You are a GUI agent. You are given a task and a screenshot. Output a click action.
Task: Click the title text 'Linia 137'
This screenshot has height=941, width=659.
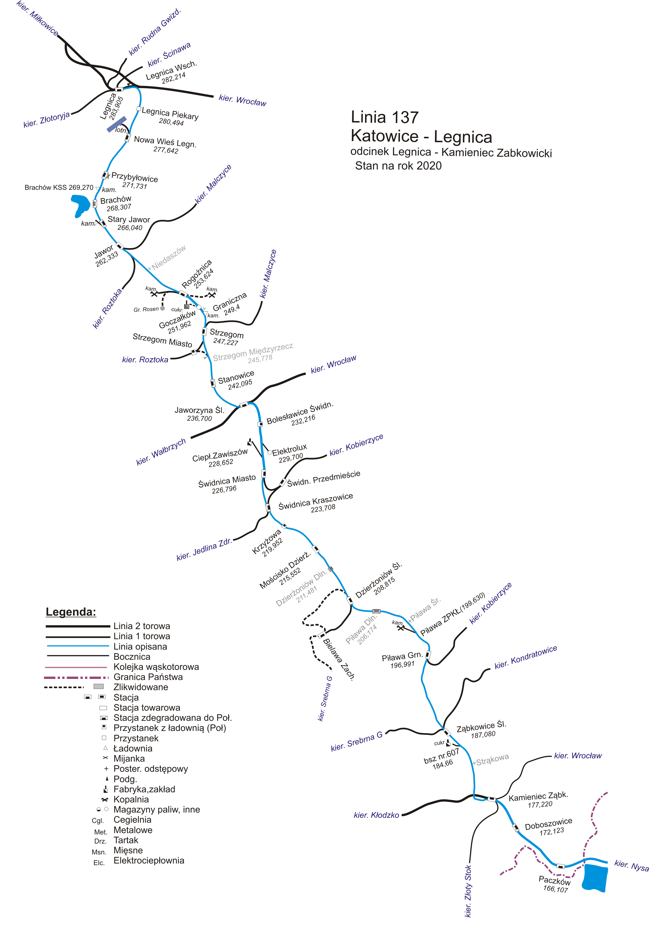[x=385, y=118]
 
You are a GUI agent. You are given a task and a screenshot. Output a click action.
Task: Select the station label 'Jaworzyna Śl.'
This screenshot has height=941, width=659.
[x=200, y=410]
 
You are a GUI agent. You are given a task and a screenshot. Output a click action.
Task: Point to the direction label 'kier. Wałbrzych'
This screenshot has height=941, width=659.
[x=161, y=452]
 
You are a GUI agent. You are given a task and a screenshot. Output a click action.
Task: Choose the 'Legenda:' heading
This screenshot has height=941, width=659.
[x=71, y=612]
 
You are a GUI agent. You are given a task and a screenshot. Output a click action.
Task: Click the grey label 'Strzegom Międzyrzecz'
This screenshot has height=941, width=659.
[x=253, y=352]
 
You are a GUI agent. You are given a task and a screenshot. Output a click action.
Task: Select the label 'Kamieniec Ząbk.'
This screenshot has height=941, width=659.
[x=538, y=796]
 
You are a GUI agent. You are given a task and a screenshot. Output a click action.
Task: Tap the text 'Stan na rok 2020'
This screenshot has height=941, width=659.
[x=398, y=166]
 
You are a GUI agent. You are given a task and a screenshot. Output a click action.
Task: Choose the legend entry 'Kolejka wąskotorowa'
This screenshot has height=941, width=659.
[x=156, y=667]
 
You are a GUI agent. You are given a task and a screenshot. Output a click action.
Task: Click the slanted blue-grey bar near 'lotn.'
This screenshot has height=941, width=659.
[x=117, y=124]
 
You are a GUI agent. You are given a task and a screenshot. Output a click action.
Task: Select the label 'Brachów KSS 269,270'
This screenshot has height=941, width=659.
[x=59, y=188]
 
